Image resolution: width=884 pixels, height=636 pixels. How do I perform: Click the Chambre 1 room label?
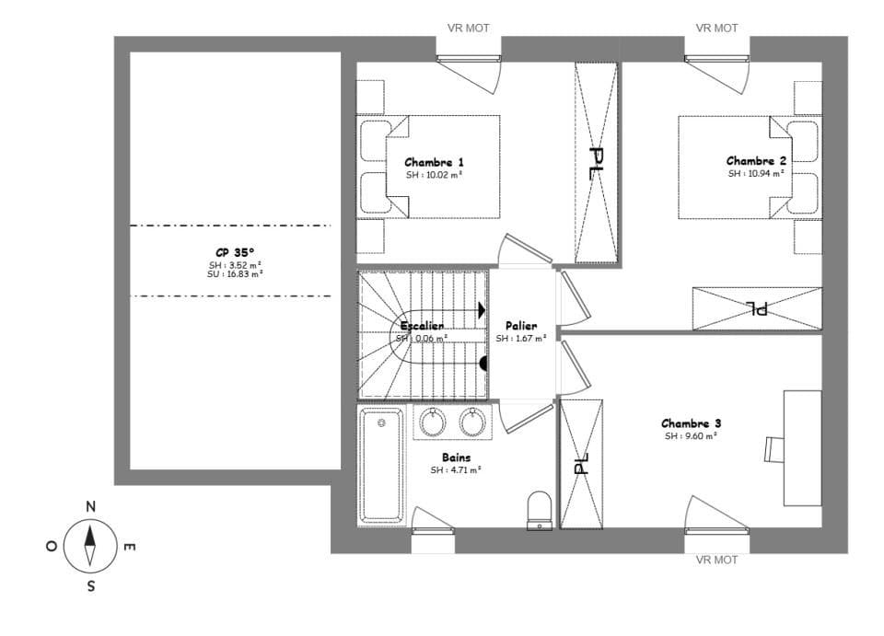click(434, 162)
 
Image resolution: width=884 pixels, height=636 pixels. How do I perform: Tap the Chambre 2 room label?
click(756, 161)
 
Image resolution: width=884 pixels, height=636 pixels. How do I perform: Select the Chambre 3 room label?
click(691, 423)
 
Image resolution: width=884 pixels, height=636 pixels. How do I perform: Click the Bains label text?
click(456, 457)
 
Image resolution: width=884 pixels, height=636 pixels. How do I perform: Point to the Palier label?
click(521, 326)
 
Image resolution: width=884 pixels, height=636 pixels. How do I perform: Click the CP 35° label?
click(235, 251)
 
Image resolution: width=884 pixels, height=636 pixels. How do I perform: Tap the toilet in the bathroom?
click(539, 509)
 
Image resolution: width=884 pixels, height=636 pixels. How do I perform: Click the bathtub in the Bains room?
click(381, 464)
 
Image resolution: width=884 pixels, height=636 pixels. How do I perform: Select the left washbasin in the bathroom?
click(433, 422)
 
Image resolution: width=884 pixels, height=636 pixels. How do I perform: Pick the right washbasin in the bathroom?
click(472, 422)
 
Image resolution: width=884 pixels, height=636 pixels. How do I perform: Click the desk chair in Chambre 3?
click(773, 448)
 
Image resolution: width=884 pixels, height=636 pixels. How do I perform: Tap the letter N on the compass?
click(90, 506)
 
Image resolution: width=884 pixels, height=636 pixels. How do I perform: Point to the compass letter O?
click(51, 546)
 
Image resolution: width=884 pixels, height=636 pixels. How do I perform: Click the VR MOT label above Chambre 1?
click(468, 29)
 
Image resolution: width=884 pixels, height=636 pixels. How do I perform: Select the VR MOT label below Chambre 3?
click(716, 560)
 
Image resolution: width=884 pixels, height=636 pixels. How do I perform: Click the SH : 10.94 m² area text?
click(756, 173)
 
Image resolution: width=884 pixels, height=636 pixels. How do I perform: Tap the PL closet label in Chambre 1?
click(596, 163)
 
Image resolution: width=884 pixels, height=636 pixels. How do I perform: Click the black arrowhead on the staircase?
click(482, 312)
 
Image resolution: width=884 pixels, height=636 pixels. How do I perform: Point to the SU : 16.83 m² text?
click(235, 273)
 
